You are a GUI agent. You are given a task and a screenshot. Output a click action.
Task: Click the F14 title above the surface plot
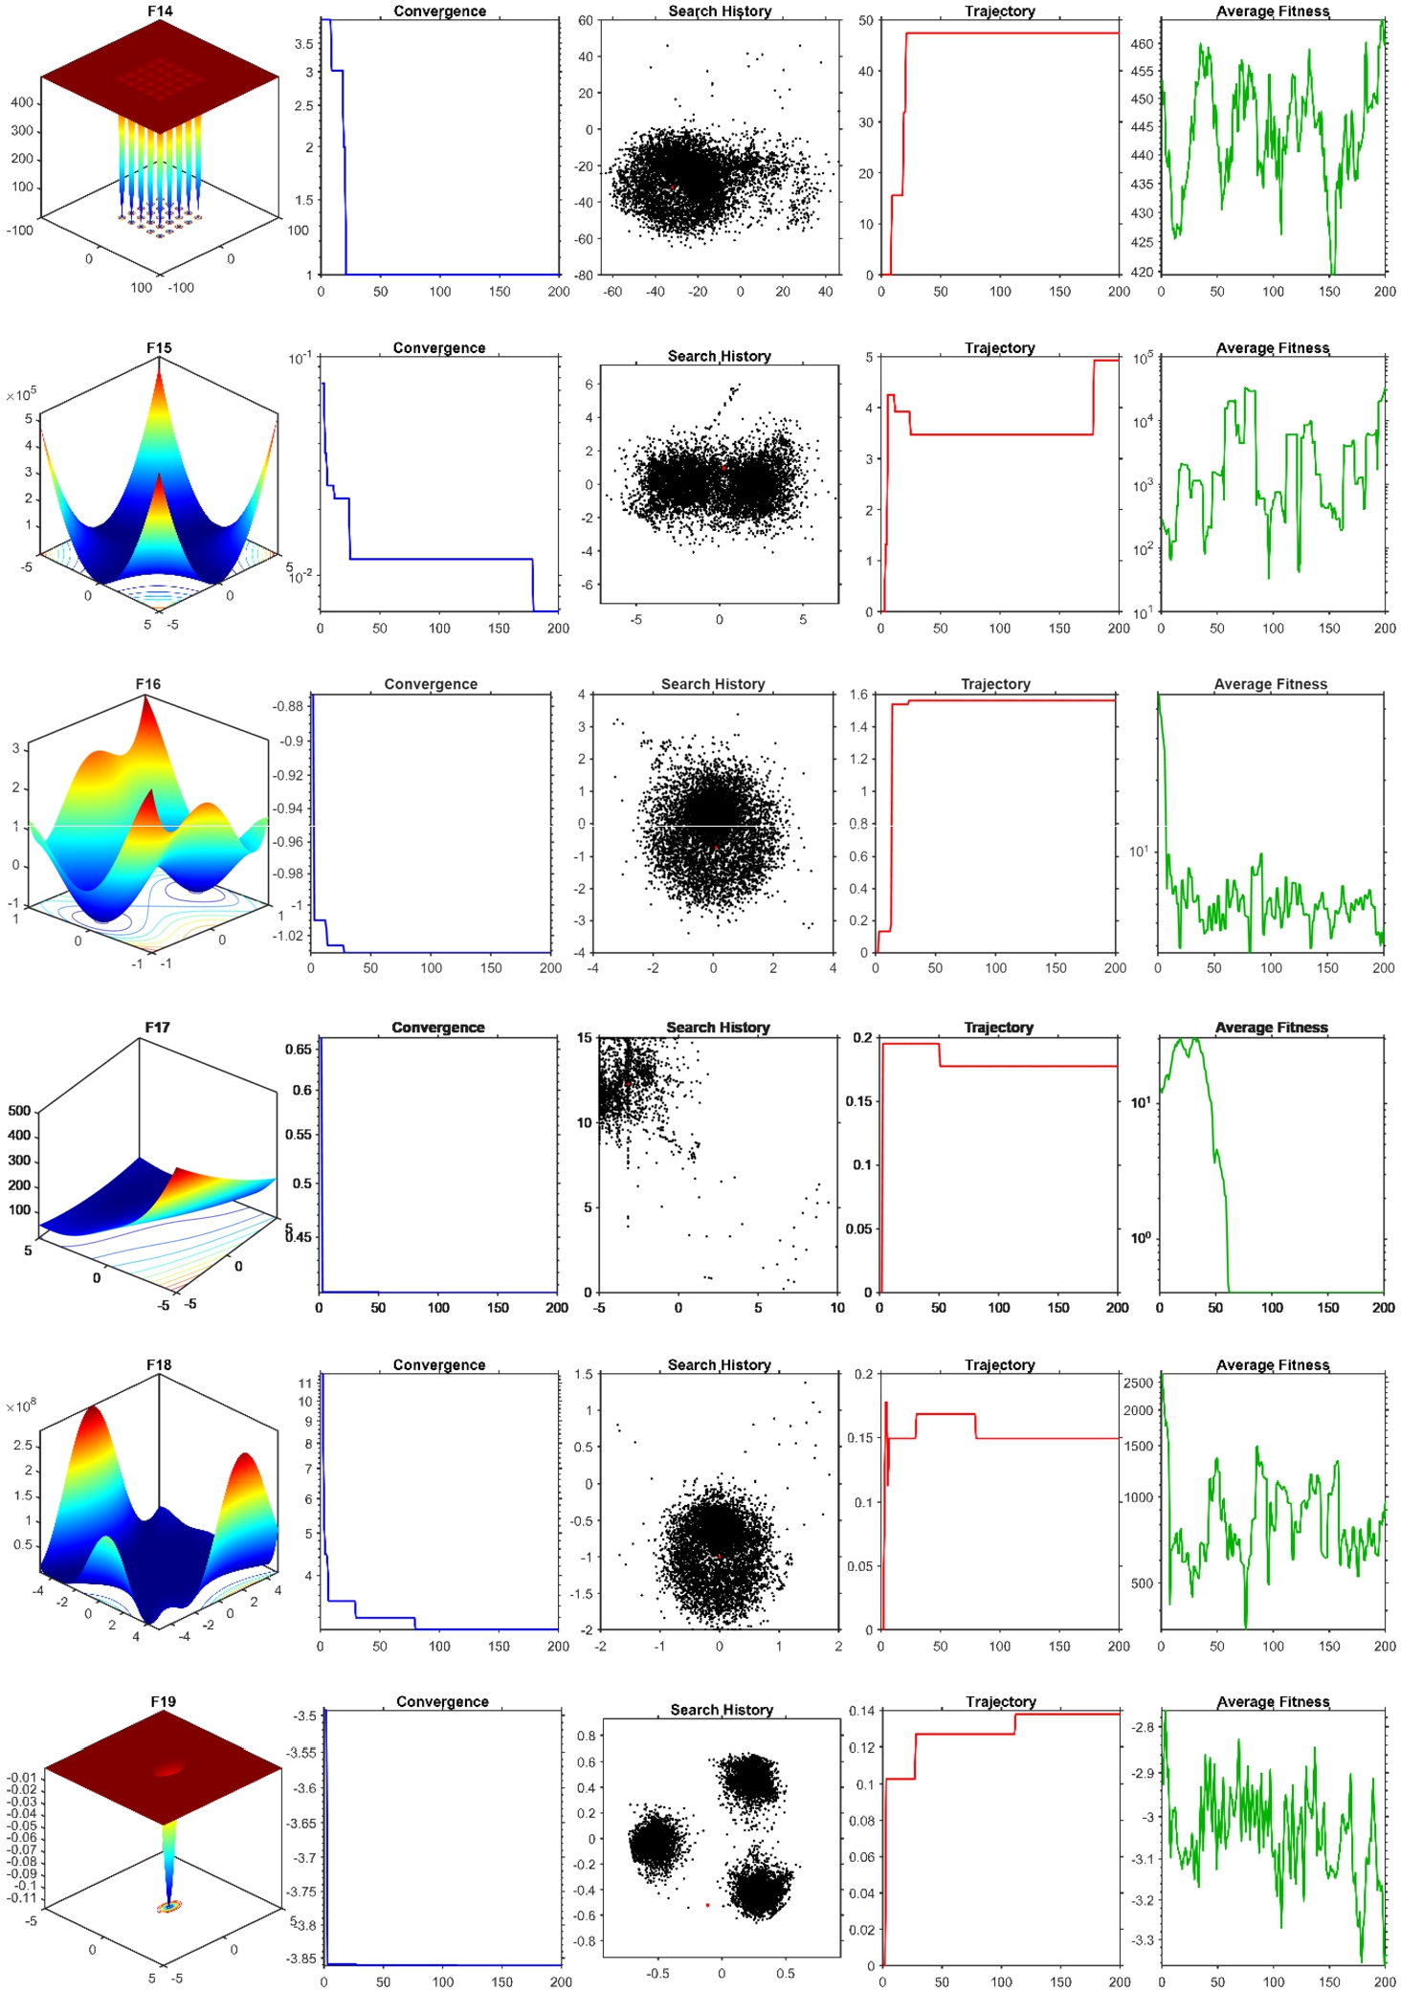(160, 11)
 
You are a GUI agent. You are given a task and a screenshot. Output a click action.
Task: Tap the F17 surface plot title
(158, 1028)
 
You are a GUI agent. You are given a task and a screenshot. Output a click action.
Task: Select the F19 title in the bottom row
(164, 1702)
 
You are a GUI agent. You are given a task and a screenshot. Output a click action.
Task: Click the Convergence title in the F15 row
(439, 348)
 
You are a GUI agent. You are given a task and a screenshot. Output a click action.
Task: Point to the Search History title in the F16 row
(713, 684)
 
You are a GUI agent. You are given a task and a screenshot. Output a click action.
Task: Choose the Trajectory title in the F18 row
(1000, 1365)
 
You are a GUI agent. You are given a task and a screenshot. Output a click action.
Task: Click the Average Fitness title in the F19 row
(1273, 1702)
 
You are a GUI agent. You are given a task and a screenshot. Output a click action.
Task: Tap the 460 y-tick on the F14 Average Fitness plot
(1143, 44)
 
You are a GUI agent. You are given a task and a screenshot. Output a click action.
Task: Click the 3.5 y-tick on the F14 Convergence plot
(303, 44)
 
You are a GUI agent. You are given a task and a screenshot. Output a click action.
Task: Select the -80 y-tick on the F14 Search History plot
(583, 276)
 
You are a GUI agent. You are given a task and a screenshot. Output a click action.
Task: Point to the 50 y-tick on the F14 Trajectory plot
(866, 20)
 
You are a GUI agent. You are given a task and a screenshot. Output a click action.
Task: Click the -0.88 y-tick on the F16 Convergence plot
(288, 706)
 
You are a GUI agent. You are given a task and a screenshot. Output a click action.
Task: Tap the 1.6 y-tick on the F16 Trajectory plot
(858, 695)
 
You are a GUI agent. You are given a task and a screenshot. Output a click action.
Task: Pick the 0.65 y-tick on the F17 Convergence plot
(299, 1050)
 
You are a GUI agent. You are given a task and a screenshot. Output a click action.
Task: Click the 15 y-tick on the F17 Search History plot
(585, 1038)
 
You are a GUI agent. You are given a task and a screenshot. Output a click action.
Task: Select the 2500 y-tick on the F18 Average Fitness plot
(1139, 1383)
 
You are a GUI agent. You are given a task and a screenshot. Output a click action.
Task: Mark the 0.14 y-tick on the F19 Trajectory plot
(862, 1711)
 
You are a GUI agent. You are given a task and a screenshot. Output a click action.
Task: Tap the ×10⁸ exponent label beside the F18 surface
(21, 1406)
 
